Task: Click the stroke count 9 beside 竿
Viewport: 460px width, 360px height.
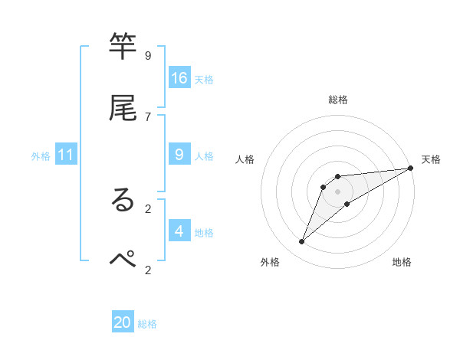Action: coord(148,55)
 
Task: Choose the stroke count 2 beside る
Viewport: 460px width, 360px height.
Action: coord(148,207)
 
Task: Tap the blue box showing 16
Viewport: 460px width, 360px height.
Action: coord(179,77)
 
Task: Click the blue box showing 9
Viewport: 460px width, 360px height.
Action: coord(179,155)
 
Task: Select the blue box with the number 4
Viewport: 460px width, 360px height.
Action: coord(179,231)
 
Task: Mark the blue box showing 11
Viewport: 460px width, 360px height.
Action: coord(66,155)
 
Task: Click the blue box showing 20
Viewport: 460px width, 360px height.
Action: coord(123,322)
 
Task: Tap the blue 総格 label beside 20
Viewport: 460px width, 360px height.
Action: coord(147,324)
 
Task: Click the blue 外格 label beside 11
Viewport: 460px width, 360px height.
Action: coord(41,156)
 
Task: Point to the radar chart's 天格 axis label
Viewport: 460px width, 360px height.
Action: coord(431,159)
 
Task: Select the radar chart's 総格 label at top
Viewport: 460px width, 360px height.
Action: coord(338,100)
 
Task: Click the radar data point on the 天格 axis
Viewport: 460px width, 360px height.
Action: coord(410,168)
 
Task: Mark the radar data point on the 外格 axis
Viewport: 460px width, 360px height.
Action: coord(302,242)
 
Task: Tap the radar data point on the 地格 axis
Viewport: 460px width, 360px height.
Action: coord(347,203)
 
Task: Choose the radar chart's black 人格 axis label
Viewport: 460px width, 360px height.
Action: coord(245,159)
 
